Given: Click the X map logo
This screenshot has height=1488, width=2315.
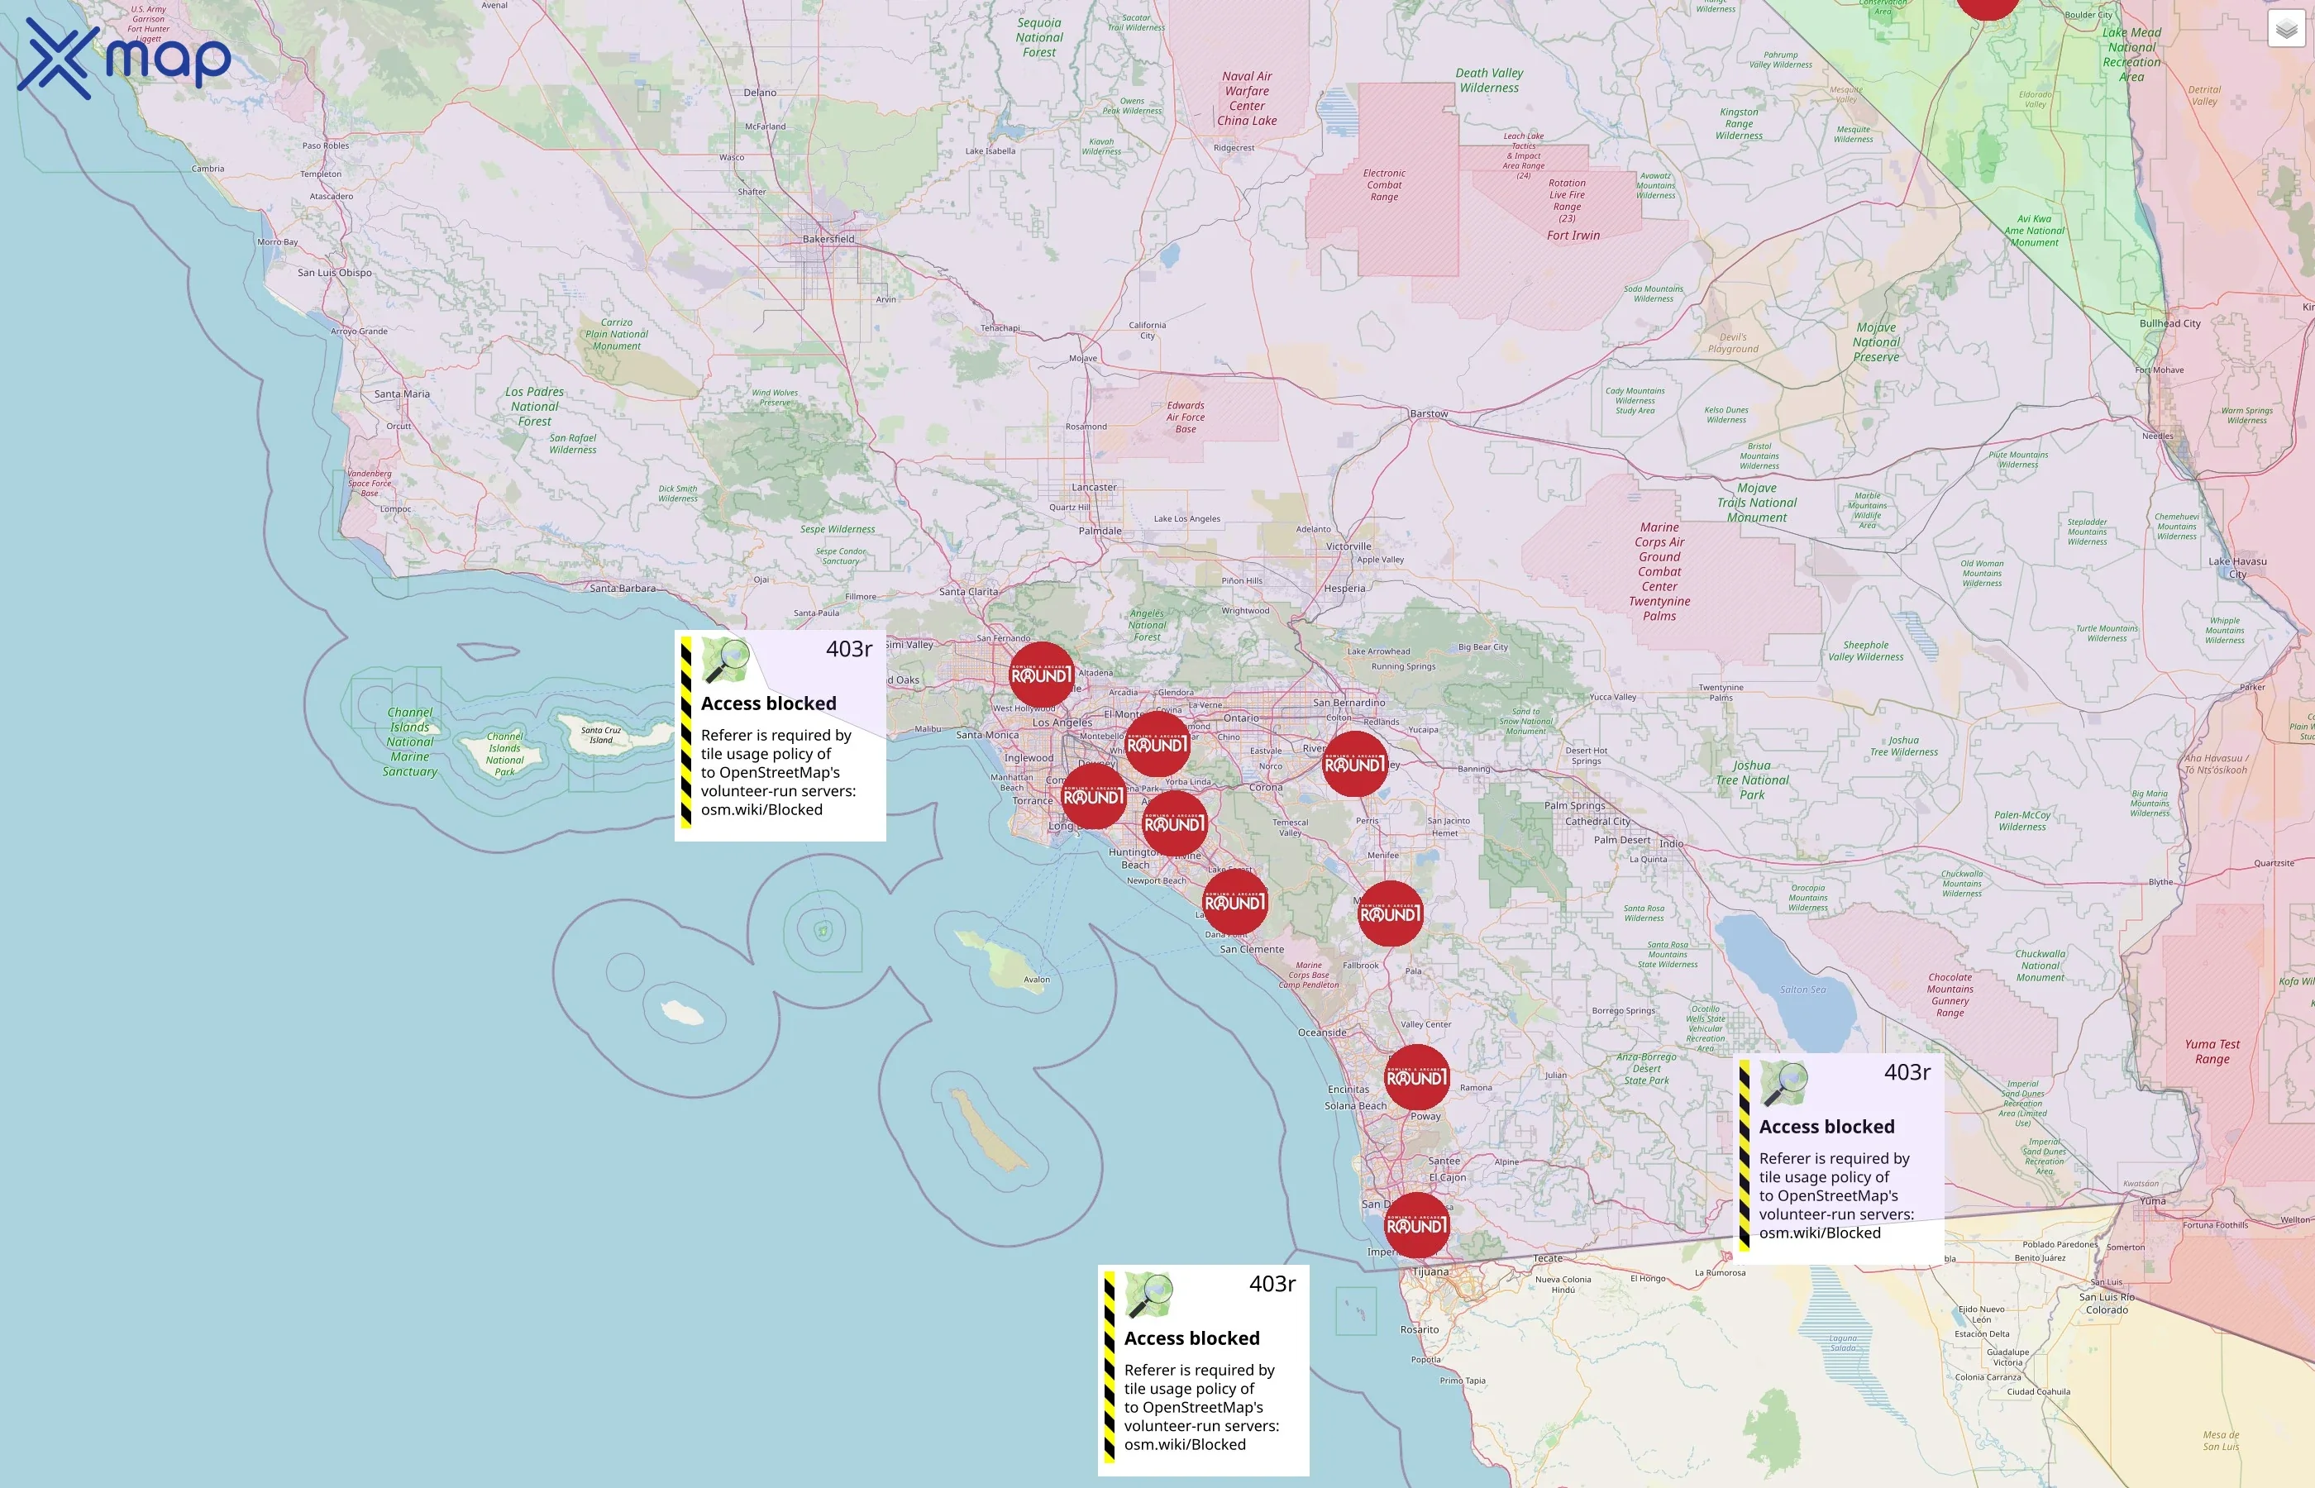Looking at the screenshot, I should (x=124, y=58).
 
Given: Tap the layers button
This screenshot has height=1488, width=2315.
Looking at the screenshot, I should (x=2286, y=29).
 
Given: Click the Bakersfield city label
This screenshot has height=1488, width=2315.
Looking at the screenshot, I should (x=828, y=239).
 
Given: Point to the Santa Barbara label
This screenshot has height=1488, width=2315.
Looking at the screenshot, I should (x=623, y=589).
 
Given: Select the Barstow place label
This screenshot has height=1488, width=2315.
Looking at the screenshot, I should (x=1428, y=413).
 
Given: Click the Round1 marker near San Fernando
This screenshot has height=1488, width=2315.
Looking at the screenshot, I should (x=1041, y=675).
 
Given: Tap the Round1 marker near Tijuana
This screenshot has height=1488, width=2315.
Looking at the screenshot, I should (x=1416, y=1225).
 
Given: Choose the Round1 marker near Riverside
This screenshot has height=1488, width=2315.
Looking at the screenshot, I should (x=1354, y=765).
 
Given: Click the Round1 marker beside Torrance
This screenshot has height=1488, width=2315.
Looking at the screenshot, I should (x=1094, y=796).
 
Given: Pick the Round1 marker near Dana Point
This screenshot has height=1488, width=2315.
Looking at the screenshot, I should (x=1234, y=903).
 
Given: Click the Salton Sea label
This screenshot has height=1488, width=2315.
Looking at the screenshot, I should (x=1803, y=990).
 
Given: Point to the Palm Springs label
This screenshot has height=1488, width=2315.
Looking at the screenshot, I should (x=1574, y=806).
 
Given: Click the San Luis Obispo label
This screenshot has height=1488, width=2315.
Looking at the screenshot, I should (x=334, y=273).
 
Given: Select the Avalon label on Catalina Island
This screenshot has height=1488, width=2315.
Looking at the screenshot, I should (x=1036, y=980).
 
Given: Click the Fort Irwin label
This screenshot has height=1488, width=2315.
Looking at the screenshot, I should (x=1573, y=235).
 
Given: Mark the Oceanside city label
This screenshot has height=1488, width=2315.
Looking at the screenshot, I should (x=1322, y=1033).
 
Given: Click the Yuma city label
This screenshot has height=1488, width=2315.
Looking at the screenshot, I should (x=2152, y=1201).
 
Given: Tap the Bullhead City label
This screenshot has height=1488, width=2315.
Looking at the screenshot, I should (x=2169, y=324).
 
